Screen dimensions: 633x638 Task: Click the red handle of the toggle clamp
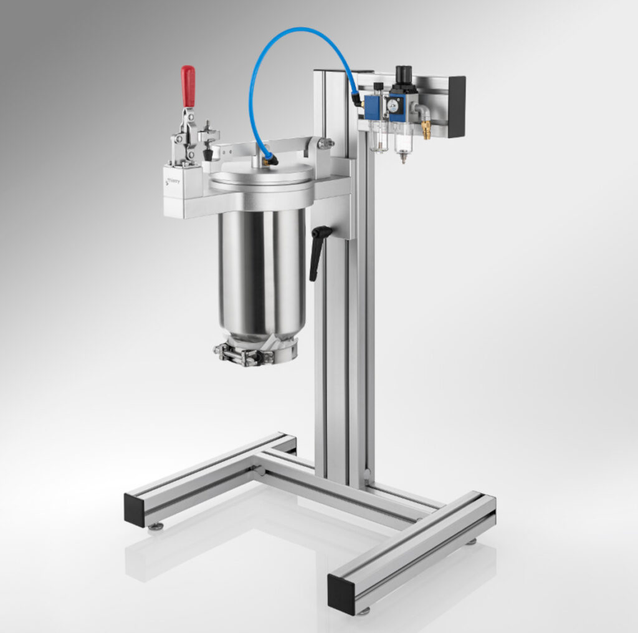click(188, 86)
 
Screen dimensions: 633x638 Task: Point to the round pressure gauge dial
click(394, 106)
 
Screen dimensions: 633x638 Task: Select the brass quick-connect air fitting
click(426, 129)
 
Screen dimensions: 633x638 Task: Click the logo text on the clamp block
click(174, 181)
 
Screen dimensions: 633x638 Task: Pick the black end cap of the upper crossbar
click(456, 107)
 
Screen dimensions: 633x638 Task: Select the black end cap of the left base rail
click(134, 509)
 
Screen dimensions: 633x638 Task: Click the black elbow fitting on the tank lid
click(270, 160)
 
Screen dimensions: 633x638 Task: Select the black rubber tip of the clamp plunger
click(207, 153)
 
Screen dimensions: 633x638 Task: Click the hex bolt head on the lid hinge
click(325, 144)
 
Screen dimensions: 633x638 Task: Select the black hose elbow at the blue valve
click(356, 99)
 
